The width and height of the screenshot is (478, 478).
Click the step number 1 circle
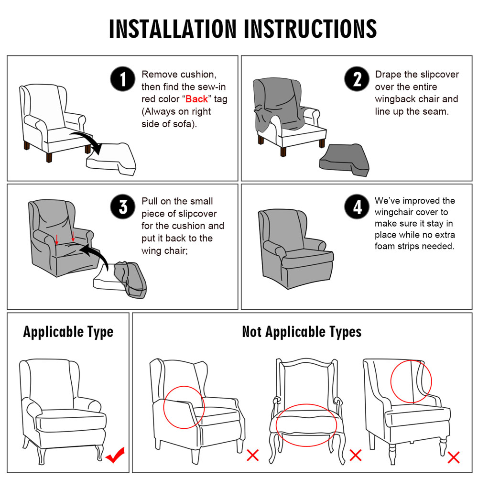coord(123,79)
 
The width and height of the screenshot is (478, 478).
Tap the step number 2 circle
coord(357,79)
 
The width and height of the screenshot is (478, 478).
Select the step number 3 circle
coord(123,206)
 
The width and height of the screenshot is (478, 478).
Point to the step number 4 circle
coord(357,206)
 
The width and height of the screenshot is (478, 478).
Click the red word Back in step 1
coord(196,99)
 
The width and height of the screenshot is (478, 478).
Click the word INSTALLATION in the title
coord(173,29)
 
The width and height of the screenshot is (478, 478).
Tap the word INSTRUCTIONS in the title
coord(310,29)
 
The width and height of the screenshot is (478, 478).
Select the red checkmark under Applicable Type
coord(115,455)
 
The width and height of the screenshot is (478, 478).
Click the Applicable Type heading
coord(68,332)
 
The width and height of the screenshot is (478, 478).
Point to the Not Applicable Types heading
coord(302,332)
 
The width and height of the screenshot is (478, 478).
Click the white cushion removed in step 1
coord(111,159)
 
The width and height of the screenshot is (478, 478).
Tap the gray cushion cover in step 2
coord(345,160)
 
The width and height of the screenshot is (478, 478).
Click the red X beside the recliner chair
coord(253,455)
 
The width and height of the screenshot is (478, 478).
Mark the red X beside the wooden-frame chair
coord(356,455)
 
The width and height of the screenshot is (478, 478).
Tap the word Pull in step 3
coord(149,201)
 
